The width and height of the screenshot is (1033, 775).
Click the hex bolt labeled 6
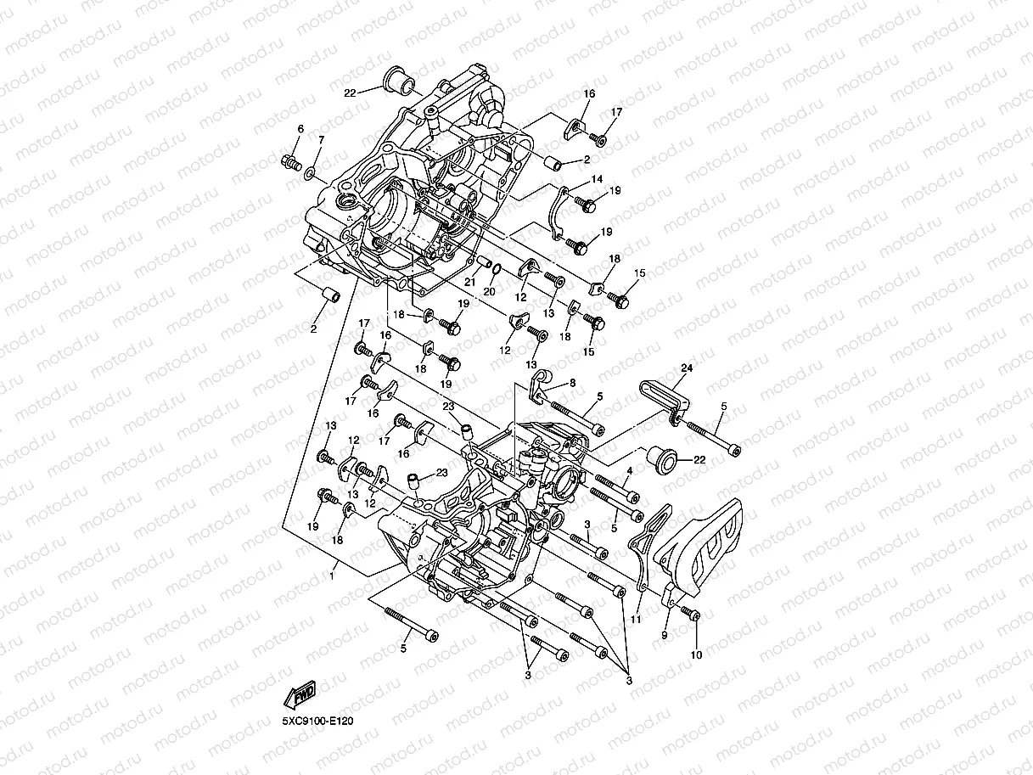(290, 161)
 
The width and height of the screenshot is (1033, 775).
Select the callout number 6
(300, 129)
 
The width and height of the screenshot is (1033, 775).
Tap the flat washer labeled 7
(312, 172)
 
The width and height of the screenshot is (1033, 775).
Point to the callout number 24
(686, 368)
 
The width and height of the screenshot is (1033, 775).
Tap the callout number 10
(696, 654)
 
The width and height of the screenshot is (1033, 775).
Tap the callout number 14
(598, 179)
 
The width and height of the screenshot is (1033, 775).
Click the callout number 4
(629, 470)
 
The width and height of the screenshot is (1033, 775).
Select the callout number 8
(572, 384)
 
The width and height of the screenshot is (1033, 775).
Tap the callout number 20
(489, 291)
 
